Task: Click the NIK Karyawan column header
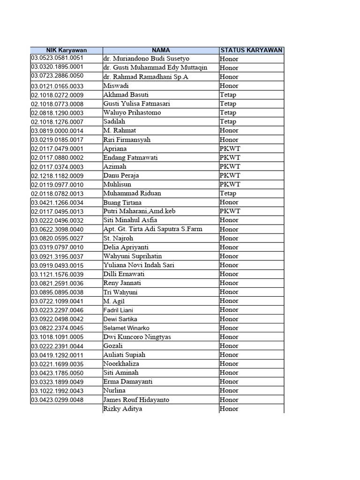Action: pos(66,50)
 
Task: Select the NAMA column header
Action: pos(161,50)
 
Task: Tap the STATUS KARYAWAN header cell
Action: pos(251,50)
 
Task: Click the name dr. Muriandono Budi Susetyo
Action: pos(146,59)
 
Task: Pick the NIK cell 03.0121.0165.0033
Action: pos(57,86)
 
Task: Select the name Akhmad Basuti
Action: pos(123,95)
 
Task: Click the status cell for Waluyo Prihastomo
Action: pos(228,112)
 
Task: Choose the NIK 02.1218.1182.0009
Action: pos(57,175)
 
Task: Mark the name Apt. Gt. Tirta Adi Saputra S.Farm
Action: pos(152,229)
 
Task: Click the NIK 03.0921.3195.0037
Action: pos(57,256)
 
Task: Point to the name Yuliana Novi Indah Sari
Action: pos(139,265)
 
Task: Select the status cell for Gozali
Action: pos(229,346)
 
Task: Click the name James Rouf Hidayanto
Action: pos(136,400)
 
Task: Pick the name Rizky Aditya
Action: pos(123,409)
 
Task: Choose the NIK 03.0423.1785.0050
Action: pos(57,373)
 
